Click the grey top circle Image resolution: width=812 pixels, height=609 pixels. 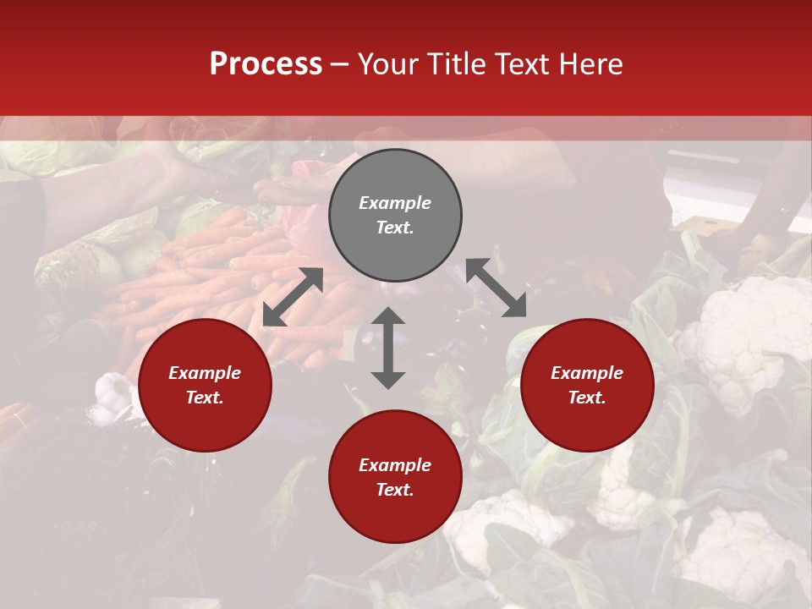(x=395, y=216)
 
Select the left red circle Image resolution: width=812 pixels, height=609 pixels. (x=205, y=386)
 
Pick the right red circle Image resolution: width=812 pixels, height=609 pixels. (x=587, y=386)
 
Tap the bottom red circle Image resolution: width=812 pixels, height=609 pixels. (x=395, y=477)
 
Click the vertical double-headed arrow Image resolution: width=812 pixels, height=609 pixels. (x=388, y=348)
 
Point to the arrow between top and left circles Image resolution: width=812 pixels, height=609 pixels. (x=293, y=297)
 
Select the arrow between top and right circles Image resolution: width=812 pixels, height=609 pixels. (x=496, y=288)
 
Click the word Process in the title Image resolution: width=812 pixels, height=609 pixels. (x=266, y=64)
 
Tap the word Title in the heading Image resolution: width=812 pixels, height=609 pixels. (x=457, y=64)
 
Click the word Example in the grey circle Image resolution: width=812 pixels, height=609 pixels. (x=395, y=203)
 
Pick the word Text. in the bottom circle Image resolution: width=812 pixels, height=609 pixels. (x=395, y=490)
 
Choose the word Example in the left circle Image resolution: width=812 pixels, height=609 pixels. (x=205, y=373)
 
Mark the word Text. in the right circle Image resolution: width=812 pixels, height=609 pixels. (x=587, y=398)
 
